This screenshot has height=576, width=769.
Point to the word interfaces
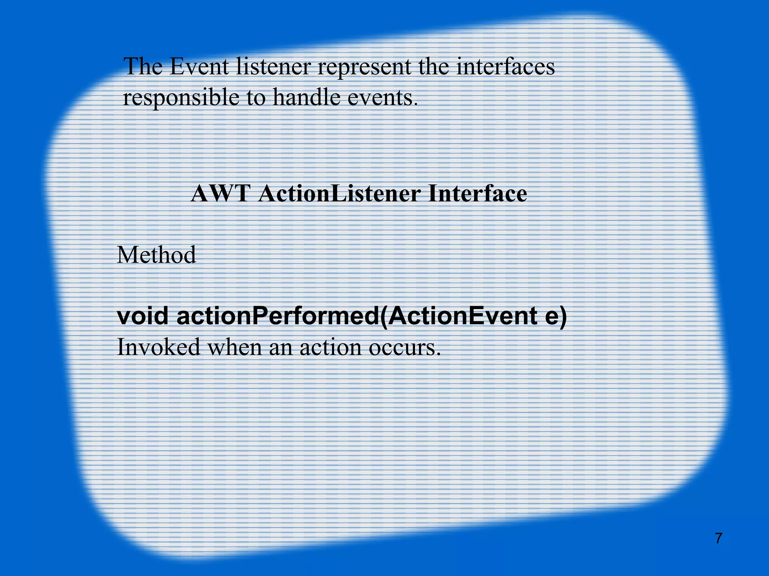point(505,66)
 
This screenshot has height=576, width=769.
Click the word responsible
point(181,98)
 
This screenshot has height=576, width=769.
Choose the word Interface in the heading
point(478,194)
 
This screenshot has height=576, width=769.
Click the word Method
point(156,255)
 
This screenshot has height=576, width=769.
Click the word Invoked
point(158,347)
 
